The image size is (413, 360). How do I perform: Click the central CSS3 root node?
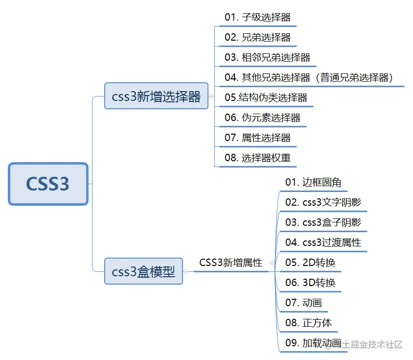click(48, 184)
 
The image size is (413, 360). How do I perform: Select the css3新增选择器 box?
click(156, 96)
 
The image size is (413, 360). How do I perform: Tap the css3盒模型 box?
click(143, 271)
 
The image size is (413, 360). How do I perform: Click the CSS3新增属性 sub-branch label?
click(230, 263)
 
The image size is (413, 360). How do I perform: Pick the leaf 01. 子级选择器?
click(257, 17)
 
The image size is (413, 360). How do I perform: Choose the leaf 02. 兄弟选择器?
click(257, 37)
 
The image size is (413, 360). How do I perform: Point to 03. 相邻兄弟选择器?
click(267, 57)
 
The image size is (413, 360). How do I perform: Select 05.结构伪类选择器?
click(266, 97)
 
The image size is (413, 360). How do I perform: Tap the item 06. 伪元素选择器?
click(262, 118)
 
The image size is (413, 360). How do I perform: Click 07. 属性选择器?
click(257, 138)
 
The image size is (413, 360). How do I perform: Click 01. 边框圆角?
click(313, 182)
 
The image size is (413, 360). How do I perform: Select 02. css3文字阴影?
click(323, 202)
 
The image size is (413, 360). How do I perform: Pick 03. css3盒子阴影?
click(323, 222)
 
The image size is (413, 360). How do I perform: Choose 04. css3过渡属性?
click(323, 242)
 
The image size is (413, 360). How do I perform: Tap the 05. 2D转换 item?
click(310, 263)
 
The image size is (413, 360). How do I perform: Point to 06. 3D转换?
click(310, 283)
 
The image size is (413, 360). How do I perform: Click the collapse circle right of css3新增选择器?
click(211, 96)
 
